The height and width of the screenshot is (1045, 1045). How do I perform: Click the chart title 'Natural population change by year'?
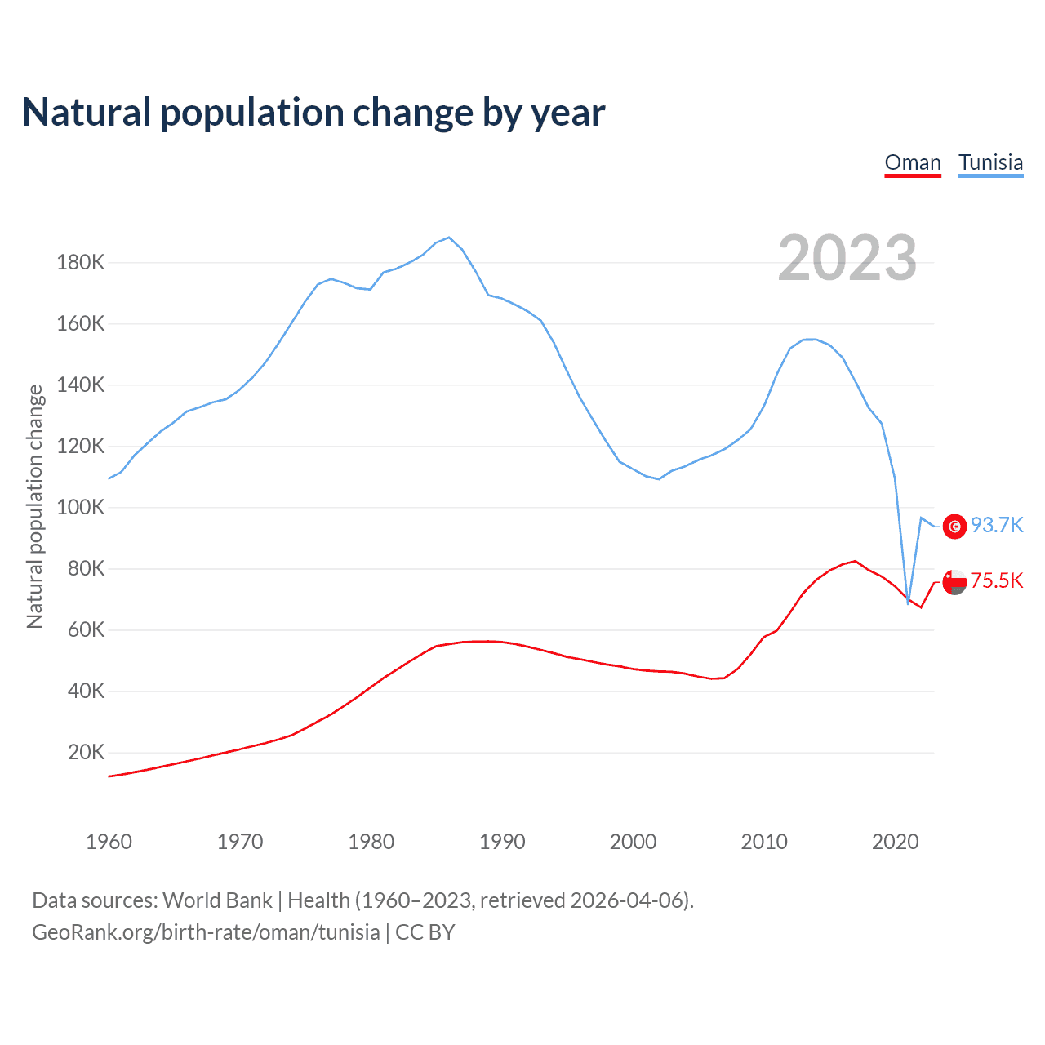tap(313, 113)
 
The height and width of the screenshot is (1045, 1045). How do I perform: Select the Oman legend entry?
tap(913, 162)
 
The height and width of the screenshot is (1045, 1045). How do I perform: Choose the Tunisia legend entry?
tap(990, 162)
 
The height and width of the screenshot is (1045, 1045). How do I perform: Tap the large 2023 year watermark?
tap(847, 258)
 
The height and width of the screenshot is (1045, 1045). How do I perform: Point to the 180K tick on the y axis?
tap(81, 263)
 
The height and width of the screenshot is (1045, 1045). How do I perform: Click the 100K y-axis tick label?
tap(81, 508)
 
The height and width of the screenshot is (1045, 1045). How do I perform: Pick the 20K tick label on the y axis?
tap(86, 753)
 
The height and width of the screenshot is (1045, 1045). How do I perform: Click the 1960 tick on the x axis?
tap(109, 842)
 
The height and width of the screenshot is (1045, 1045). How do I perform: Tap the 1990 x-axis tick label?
tap(502, 842)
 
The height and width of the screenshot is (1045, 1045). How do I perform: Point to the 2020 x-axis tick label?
tap(896, 842)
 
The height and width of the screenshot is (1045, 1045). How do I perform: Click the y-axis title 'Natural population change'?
tap(34, 506)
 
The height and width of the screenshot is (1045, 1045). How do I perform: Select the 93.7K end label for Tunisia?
tap(997, 525)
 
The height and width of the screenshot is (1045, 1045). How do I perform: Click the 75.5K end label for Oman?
tap(997, 581)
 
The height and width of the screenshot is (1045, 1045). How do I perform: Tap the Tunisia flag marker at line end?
tap(954, 527)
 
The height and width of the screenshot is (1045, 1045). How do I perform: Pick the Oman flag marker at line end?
tap(954, 582)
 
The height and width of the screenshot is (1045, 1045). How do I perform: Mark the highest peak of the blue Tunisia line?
tap(449, 238)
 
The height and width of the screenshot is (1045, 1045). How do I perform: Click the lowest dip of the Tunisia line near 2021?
tap(908, 603)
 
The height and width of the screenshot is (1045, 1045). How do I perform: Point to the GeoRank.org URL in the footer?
tap(206, 932)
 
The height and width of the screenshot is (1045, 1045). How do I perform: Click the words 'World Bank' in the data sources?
tap(217, 900)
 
